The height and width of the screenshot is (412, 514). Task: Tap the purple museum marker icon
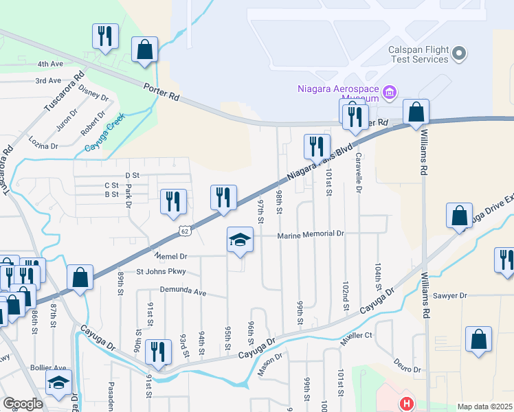(390, 91)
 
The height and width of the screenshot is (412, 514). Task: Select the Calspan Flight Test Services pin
(460, 53)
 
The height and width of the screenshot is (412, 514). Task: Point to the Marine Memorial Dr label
(311, 235)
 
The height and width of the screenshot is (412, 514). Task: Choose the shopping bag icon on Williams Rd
(416, 112)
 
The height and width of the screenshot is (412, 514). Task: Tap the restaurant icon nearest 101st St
(316, 146)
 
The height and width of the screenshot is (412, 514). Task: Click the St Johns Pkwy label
(161, 272)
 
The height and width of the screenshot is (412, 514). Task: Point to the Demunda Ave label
(183, 291)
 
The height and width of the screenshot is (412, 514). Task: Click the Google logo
(23, 404)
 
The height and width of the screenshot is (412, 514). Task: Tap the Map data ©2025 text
(484, 407)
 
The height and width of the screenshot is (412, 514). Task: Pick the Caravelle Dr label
(358, 172)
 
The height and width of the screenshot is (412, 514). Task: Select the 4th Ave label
(50, 64)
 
